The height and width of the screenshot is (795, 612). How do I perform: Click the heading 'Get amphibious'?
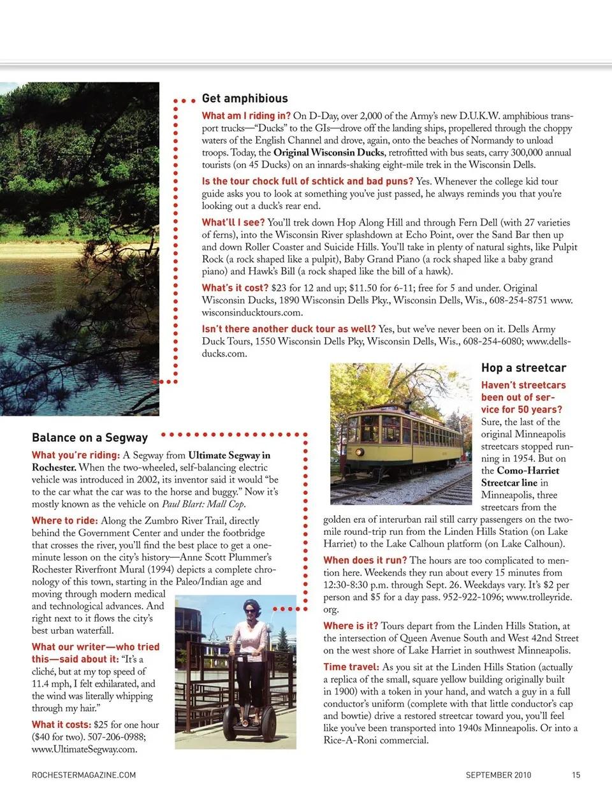pos(245,99)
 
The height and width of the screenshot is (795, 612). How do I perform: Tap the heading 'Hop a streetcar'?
pos(523,368)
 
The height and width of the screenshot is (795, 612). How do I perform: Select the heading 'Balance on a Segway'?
pos(90,438)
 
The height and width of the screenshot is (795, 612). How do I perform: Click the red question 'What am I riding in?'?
pos(246,116)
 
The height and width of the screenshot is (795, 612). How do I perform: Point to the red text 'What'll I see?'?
pos(233,222)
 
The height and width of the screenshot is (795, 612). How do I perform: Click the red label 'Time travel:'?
pos(351,667)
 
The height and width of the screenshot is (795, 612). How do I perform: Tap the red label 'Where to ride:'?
pos(65,521)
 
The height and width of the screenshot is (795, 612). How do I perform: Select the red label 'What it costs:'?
pos(61,725)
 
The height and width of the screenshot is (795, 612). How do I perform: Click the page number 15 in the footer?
pos(576,775)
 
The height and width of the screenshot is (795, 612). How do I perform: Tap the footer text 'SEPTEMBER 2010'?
pos(498,775)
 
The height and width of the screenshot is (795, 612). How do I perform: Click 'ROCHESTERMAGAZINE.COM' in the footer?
pos(84,775)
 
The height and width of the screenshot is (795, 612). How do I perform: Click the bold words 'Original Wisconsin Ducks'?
pos(328,153)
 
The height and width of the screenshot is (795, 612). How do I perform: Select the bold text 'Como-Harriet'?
pos(528,471)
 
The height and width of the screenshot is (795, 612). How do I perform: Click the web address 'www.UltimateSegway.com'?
pos(84,750)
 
